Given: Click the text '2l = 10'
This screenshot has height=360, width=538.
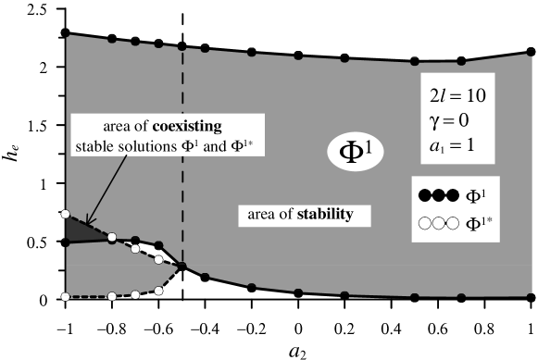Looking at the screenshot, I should tap(457, 95).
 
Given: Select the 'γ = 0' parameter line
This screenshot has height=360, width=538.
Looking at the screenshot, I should tap(454, 122).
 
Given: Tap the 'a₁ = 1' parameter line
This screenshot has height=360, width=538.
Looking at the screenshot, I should tap(454, 148).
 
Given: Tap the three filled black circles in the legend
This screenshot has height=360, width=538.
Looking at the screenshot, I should tap(438, 196).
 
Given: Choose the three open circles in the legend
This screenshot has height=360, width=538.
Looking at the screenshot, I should tap(438, 223).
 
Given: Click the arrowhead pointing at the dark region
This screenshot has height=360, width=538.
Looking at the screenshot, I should tap(88, 221).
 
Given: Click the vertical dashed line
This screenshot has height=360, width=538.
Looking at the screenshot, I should tap(182, 148).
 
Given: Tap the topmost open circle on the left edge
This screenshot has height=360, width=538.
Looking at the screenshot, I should tap(65, 215).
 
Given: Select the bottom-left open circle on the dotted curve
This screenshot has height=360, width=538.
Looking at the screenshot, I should tap(65, 297).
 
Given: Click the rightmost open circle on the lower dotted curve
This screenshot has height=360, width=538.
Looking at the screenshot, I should tap(158, 290).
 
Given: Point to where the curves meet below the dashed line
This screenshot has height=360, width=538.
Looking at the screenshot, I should tap(182, 267).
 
